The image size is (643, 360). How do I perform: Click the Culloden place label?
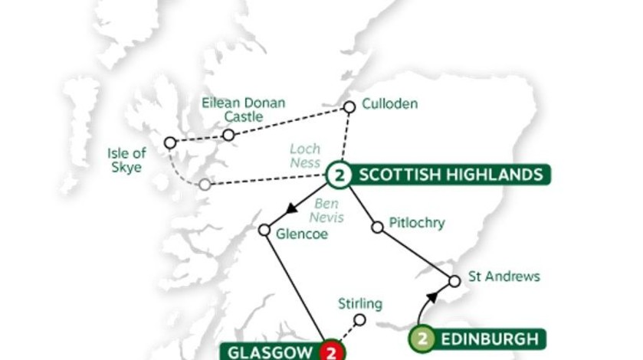(390, 103)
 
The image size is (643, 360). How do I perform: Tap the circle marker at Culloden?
(349, 107)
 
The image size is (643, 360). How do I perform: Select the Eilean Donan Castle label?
(243, 110)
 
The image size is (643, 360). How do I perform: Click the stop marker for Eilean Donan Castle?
(228, 135)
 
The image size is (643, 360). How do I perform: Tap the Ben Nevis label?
(327, 211)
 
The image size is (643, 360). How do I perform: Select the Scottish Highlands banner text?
(450, 175)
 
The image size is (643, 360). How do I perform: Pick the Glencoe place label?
(303, 234)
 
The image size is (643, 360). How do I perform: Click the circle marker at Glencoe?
(264, 230)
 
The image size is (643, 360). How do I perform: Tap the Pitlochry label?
(417, 223)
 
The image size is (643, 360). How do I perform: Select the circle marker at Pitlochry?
(377, 227)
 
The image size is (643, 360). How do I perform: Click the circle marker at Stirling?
(359, 320)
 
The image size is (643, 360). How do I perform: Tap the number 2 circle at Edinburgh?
(422, 338)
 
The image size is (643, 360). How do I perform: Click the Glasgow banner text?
(269, 352)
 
